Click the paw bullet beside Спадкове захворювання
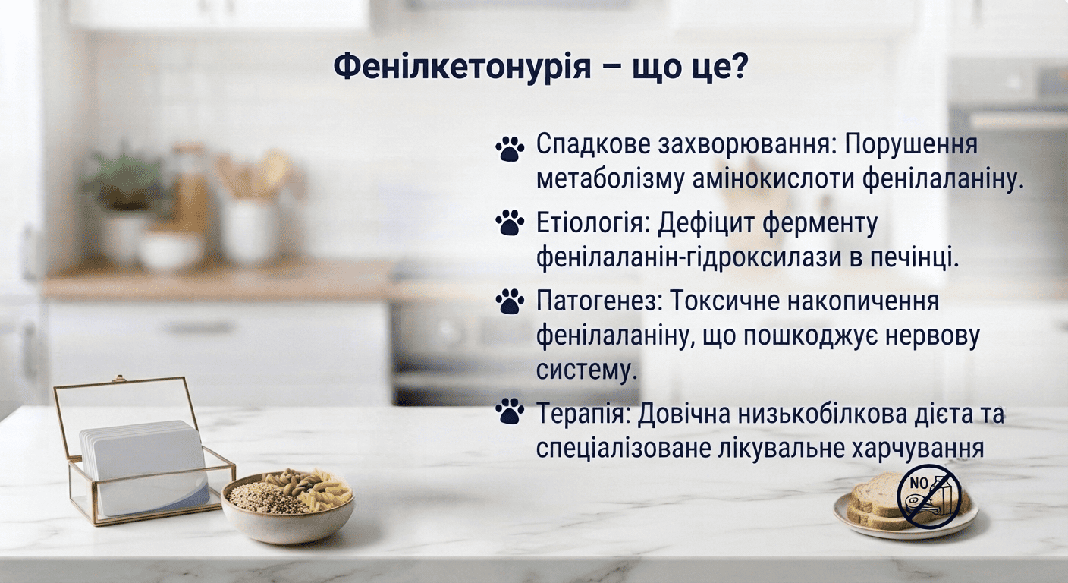[x=510, y=149]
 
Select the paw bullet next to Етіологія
[x=510, y=222]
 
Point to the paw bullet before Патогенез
[x=510, y=301]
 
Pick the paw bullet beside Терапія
[x=510, y=411]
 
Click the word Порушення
[x=911, y=144]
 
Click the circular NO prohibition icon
[x=928, y=496]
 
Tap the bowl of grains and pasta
[x=288, y=506]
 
